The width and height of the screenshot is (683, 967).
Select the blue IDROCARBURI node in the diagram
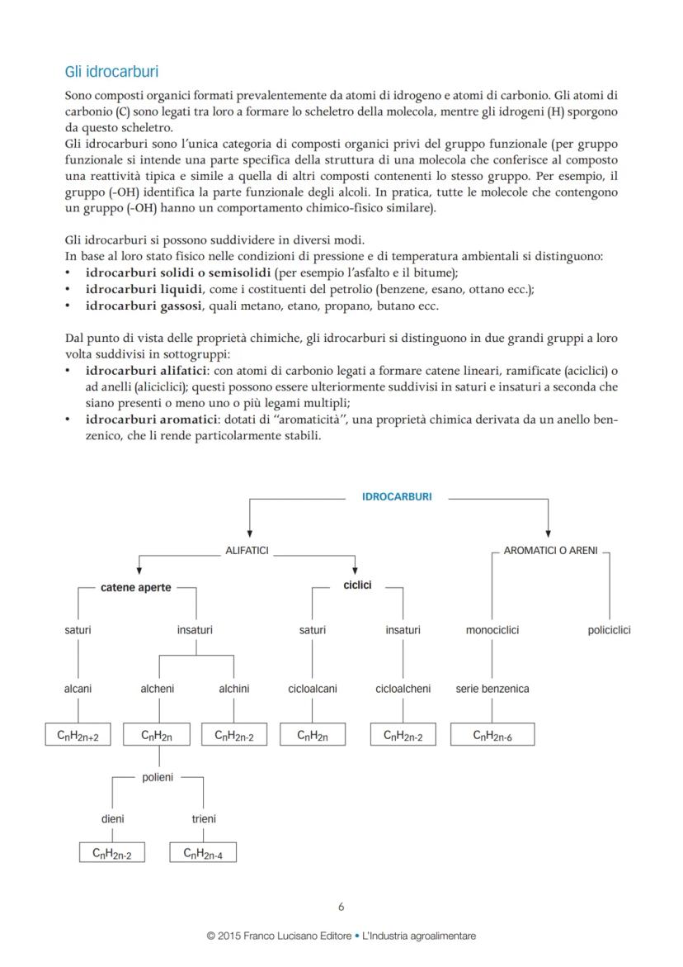[x=397, y=497]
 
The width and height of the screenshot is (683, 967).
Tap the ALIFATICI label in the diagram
[x=247, y=550]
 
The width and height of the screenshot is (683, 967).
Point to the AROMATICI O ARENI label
[x=550, y=550]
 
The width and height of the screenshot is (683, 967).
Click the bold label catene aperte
[x=136, y=588]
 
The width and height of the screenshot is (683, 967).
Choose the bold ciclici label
[x=357, y=585]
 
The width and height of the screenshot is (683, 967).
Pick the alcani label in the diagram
[x=78, y=689]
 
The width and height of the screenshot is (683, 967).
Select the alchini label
[x=234, y=689]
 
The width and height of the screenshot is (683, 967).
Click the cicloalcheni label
[x=403, y=689]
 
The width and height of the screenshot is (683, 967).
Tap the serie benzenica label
[x=492, y=689]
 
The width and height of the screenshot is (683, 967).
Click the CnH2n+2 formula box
[x=78, y=735]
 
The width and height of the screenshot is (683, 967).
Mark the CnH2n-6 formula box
[x=492, y=735]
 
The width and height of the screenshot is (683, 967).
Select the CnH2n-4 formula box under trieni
[x=203, y=853]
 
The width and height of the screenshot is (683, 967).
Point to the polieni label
[x=158, y=778]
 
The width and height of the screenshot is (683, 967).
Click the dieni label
[x=113, y=819]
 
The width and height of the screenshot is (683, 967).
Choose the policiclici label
[x=610, y=631]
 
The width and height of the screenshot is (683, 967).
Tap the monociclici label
[x=492, y=631]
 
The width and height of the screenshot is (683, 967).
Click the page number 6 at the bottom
[x=341, y=907]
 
